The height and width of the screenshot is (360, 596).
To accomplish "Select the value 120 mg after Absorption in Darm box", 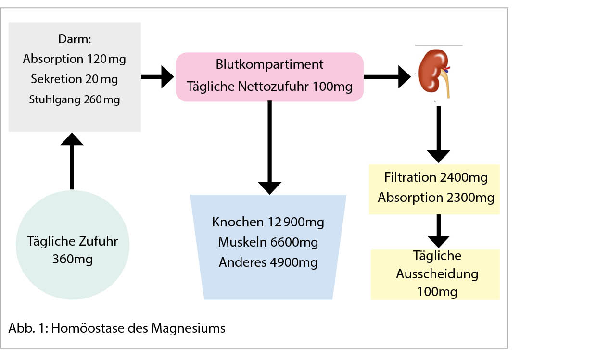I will [107, 59].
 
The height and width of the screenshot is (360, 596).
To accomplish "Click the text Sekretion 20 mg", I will [74, 79].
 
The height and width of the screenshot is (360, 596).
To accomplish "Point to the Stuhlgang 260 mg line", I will [74, 99].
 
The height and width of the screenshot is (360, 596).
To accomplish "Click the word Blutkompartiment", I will [269, 64].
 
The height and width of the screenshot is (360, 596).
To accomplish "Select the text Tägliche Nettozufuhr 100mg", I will [269, 87].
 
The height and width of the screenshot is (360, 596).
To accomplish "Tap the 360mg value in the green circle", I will [73, 260].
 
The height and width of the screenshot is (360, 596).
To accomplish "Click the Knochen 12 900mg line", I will [268, 222].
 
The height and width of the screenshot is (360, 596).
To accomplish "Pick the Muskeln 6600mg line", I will [268, 242].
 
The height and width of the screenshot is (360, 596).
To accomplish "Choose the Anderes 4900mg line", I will [268, 262].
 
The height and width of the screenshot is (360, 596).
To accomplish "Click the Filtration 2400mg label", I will [435, 177].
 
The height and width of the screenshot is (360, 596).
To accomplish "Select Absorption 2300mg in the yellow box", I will [435, 198].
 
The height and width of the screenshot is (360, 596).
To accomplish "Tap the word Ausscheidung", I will [437, 273].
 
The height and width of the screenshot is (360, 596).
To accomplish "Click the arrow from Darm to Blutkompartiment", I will [158, 77].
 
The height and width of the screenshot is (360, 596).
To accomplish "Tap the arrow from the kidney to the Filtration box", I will [439, 135].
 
